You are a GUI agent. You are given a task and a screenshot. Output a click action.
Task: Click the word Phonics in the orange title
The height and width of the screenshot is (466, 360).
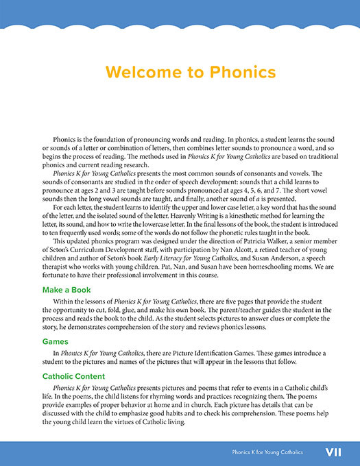[240, 72]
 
